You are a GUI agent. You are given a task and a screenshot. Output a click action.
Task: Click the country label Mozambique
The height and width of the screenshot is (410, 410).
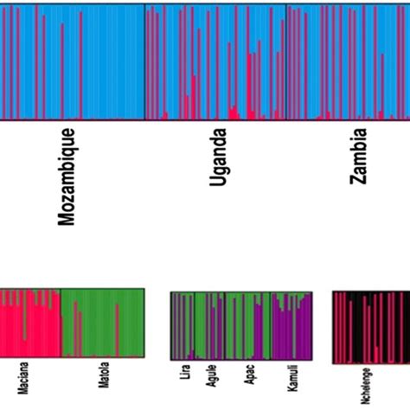click(x=67, y=176)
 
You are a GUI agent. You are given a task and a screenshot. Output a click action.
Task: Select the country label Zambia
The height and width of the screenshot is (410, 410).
click(x=358, y=157)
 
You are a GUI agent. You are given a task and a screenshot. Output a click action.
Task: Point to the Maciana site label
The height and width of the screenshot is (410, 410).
click(x=19, y=380)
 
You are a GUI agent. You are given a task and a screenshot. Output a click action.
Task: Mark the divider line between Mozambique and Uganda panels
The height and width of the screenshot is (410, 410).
click(x=144, y=61)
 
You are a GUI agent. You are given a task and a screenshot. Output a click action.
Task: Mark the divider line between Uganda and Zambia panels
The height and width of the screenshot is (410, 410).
click(x=285, y=61)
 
